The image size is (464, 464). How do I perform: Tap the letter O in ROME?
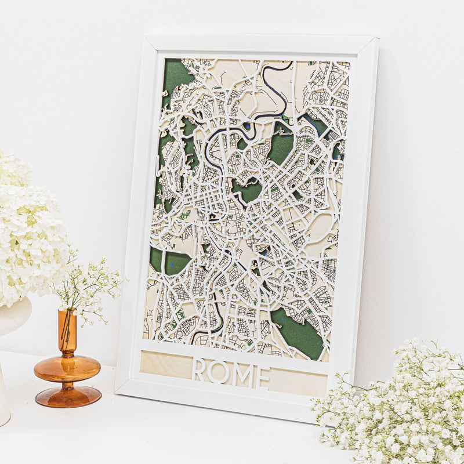click(x=219, y=372)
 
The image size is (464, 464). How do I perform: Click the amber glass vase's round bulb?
click(x=67, y=368)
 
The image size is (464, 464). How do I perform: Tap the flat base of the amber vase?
click(x=68, y=397)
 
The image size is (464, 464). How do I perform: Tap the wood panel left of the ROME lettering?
click(x=165, y=364)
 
